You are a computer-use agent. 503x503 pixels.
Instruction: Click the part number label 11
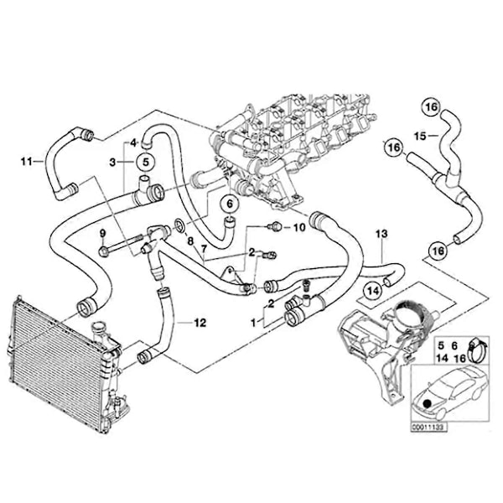click(27, 161)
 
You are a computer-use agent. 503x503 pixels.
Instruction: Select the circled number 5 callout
click(146, 162)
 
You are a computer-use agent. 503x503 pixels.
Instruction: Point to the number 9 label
click(102, 234)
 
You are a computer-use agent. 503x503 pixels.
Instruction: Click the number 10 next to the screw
click(299, 228)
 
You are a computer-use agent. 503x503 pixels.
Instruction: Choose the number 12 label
click(200, 323)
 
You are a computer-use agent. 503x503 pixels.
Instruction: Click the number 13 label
click(381, 234)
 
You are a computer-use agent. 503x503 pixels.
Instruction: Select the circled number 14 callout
click(373, 291)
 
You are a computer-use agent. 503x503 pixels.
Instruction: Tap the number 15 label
click(420, 136)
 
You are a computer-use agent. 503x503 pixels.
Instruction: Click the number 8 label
click(190, 241)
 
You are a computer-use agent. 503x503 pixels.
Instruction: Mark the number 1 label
click(254, 323)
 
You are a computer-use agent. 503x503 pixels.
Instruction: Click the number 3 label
click(112, 163)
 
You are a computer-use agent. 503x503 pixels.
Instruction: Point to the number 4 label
click(133, 143)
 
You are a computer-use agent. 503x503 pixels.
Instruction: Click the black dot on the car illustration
click(427, 403)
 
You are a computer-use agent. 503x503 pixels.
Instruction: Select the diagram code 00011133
click(430, 427)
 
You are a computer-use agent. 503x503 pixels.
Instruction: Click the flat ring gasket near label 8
click(179, 225)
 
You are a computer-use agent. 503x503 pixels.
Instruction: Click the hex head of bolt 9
click(104, 251)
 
